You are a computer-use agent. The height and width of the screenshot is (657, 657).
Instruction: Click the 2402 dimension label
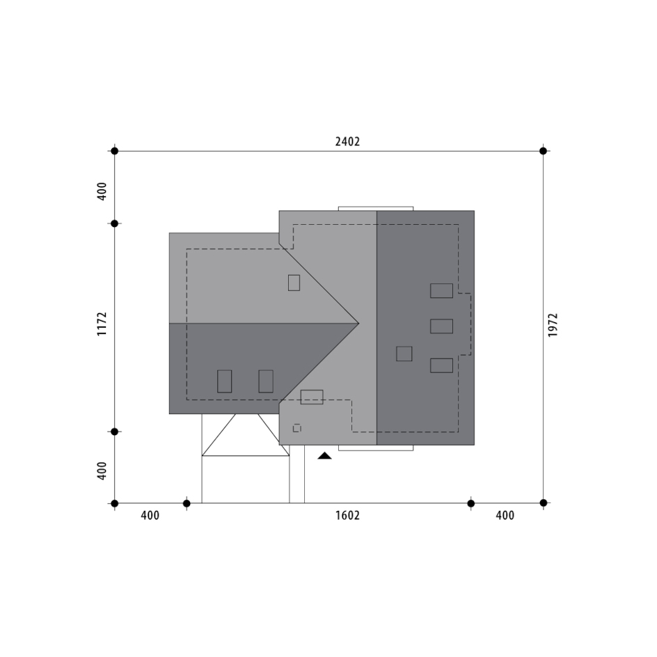coord(347,141)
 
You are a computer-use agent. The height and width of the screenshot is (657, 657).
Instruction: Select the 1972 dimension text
coord(553,325)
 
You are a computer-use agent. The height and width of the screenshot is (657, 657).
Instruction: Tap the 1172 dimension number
coord(102,324)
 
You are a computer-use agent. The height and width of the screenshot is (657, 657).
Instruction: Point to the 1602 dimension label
coord(347,515)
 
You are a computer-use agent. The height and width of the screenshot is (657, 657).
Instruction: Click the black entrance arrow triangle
coord(324,456)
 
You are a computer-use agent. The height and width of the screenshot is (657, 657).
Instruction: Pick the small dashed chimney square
coord(297,428)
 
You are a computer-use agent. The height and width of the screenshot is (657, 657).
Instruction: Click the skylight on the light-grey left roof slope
coord(294,283)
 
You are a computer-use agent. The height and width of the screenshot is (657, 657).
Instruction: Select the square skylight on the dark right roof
coord(404,354)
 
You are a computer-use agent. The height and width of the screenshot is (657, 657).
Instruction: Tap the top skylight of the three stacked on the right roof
coord(441,291)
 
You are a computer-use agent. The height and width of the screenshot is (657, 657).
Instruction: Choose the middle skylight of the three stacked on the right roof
coord(441,326)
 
